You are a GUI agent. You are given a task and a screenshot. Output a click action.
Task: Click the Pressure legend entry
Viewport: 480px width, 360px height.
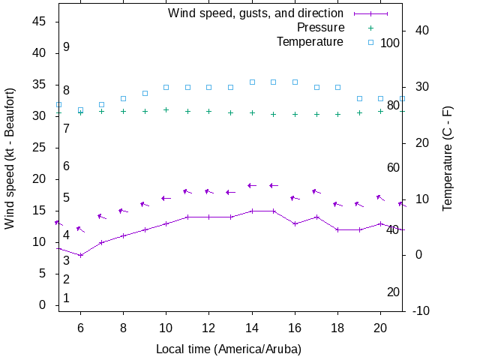[320, 28]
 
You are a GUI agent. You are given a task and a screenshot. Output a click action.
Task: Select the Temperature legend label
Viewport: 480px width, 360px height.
[310, 42]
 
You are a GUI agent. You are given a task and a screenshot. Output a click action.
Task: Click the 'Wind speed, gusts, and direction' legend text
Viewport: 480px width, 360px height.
[256, 13]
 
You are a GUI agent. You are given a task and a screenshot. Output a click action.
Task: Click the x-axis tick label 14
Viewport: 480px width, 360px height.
[253, 328]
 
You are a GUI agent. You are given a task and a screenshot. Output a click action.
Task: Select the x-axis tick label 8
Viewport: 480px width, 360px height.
[123, 328]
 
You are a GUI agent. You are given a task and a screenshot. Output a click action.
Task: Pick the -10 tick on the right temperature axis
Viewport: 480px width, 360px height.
[421, 310]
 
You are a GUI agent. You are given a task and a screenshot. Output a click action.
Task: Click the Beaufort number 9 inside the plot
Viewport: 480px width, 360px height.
[66, 47]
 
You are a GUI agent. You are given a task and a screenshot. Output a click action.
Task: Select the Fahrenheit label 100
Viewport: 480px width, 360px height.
[390, 43]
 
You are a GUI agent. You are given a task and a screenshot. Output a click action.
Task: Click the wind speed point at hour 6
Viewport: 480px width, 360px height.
[80, 255]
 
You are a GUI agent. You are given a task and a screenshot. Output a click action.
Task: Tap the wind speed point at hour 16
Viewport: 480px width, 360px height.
[295, 223]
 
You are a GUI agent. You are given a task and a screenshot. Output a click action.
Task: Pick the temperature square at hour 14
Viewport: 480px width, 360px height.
[253, 82]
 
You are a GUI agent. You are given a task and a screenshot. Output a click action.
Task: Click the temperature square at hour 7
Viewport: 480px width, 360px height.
[102, 104]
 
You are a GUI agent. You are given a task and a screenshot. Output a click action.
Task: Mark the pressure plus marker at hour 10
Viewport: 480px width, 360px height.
[166, 109]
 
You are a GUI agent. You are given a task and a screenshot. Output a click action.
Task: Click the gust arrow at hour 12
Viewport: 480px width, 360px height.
[209, 192]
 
